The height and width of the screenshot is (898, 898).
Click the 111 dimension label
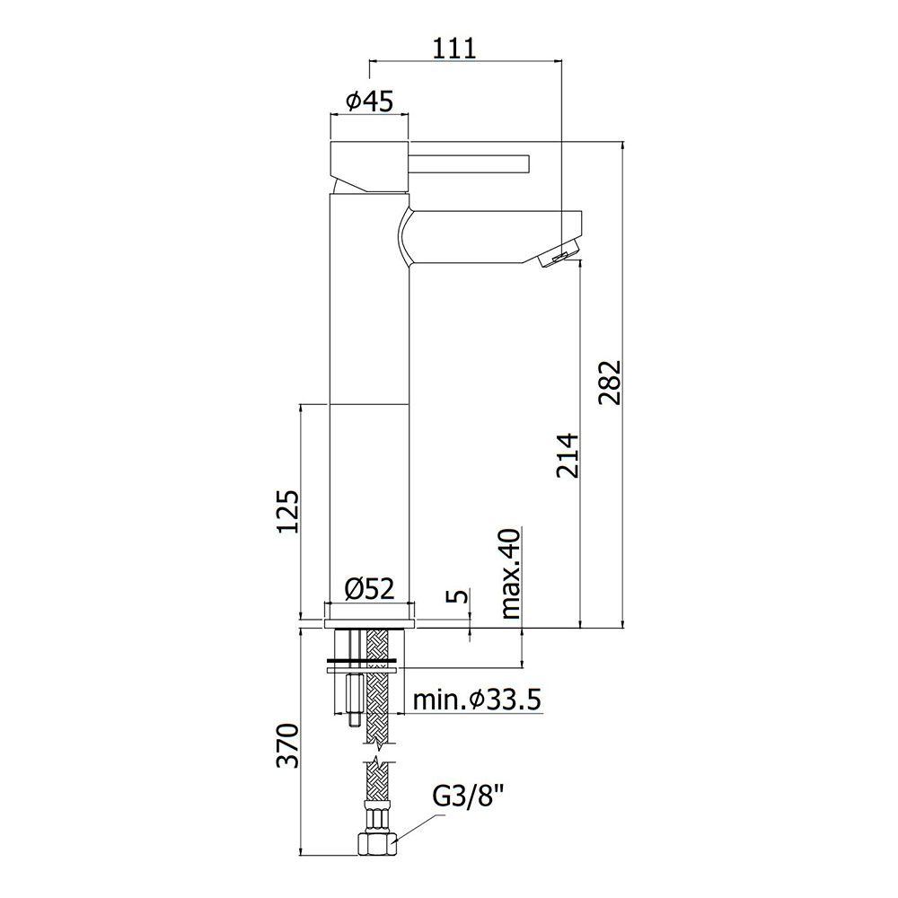point(453,48)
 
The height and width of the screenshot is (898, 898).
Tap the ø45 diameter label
point(370,102)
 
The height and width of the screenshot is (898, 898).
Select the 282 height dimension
point(610,382)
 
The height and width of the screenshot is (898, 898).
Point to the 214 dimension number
point(568,455)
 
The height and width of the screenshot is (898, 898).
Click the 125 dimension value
point(287,512)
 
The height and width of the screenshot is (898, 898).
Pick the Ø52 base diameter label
point(370,588)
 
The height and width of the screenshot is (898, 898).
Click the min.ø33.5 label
point(477,700)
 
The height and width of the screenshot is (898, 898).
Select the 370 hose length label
point(287,745)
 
